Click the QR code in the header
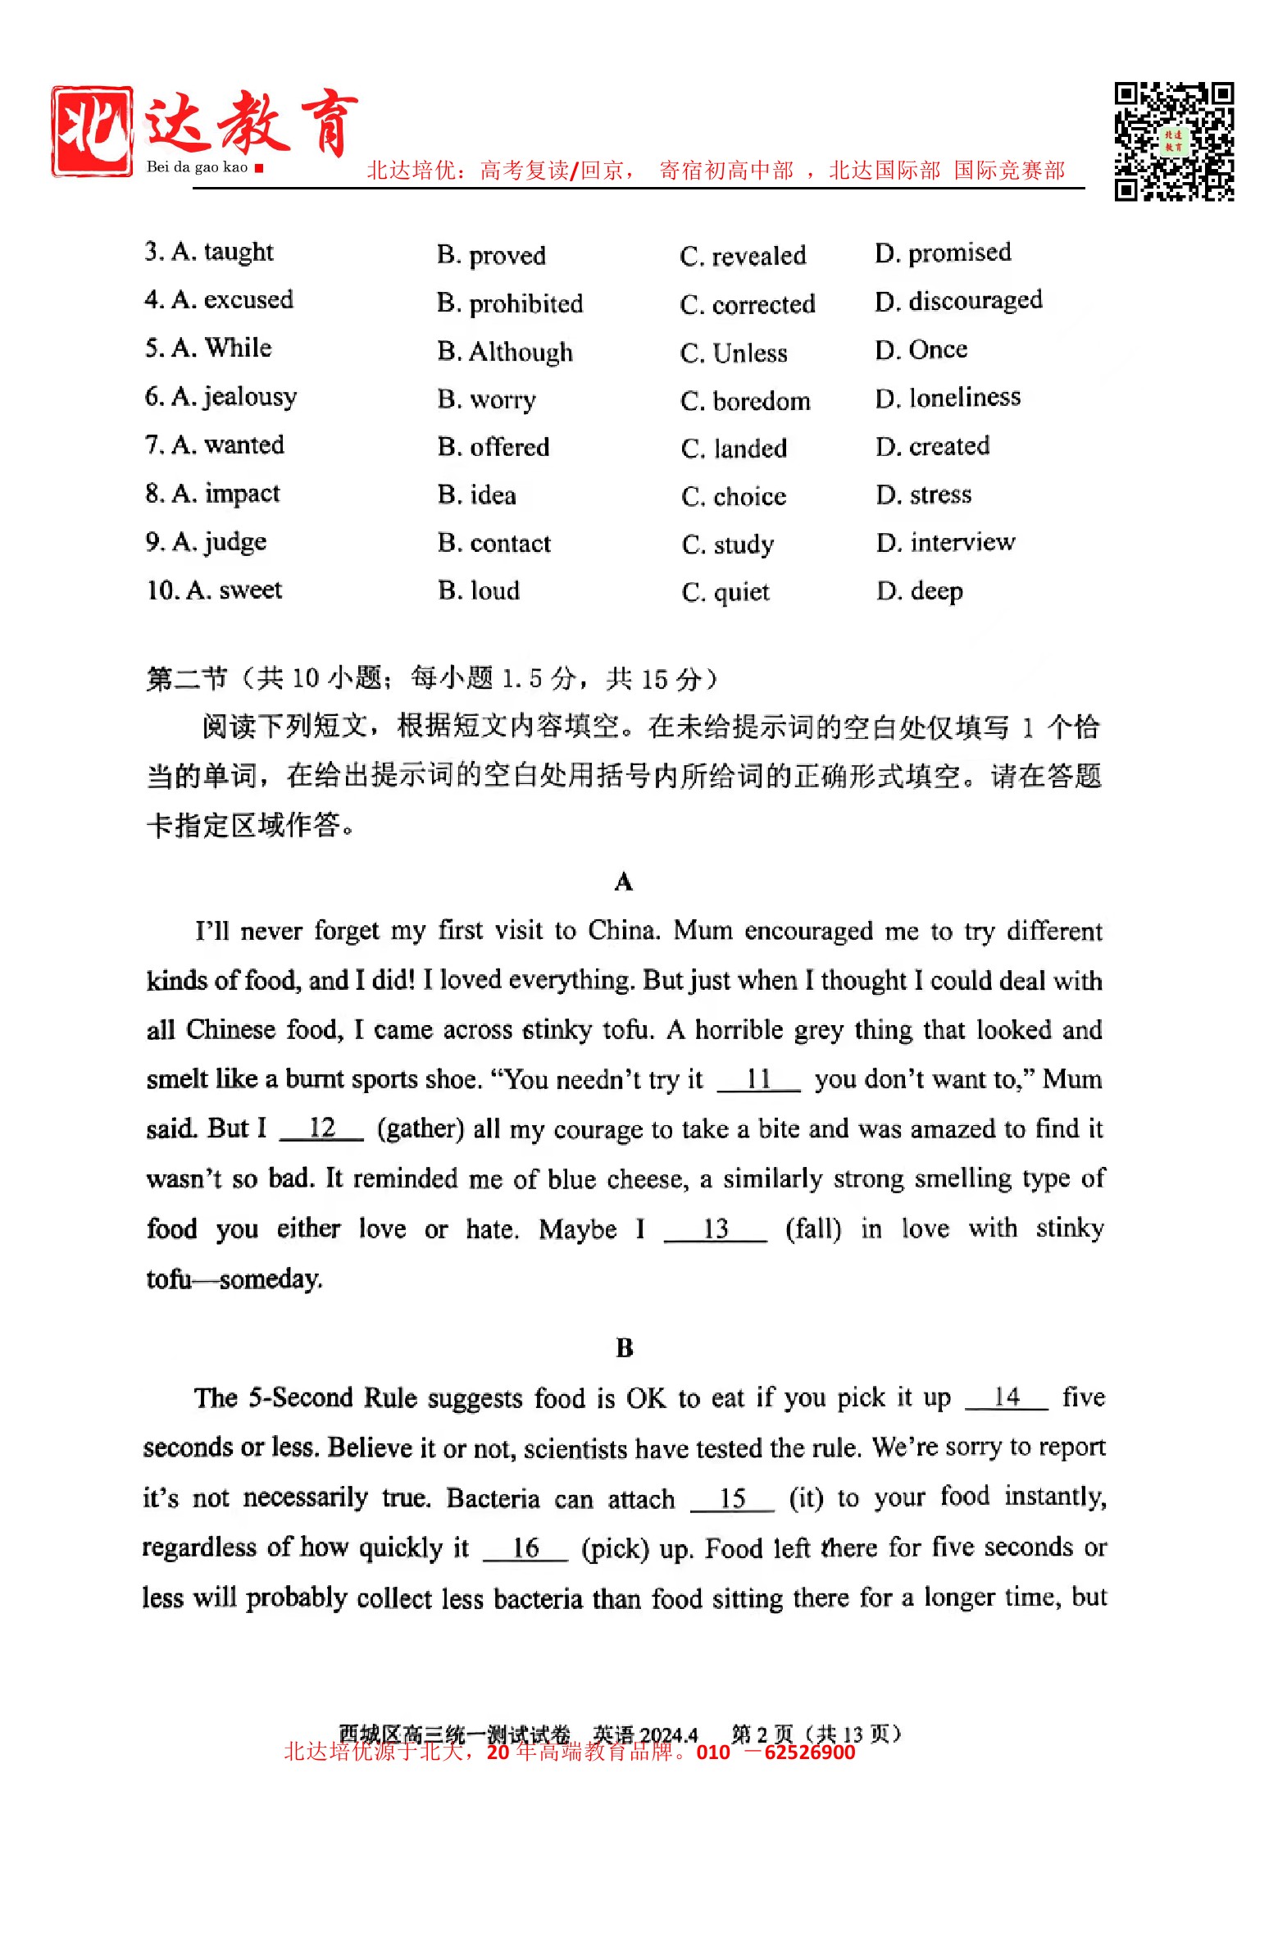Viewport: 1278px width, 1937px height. (x=1173, y=141)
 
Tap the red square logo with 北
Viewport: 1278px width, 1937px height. (x=92, y=131)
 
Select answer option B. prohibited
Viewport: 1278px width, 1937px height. (x=509, y=303)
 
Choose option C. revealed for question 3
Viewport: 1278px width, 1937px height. (x=743, y=256)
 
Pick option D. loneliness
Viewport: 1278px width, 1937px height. (x=948, y=398)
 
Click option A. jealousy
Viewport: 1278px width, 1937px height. (x=221, y=397)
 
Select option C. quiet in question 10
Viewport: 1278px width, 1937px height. (x=725, y=591)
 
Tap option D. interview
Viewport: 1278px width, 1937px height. (x=945, y=542)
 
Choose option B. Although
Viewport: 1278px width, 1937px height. (x=505, y=352)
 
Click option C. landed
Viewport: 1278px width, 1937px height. (x=734, y=448)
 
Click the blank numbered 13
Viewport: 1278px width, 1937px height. (x=715, y=1228)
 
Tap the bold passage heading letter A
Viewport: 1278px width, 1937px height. (x=623, y=882)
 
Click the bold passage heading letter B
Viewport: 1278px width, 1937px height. (x=624, y=1347)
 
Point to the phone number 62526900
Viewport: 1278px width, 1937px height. (x=809, y=1752)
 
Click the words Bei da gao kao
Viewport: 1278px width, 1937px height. (x=197, y=167)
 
